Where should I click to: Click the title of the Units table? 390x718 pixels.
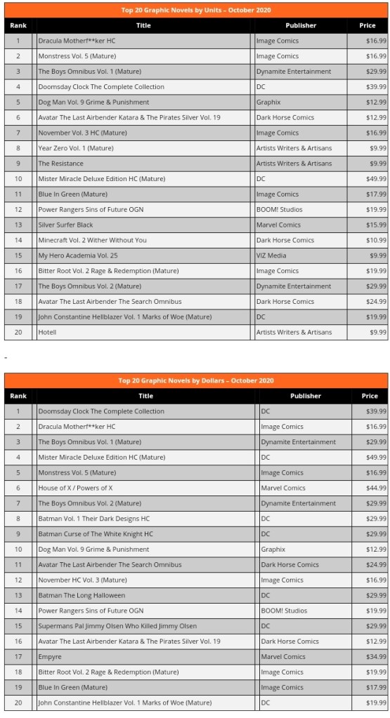(x=195, y=11)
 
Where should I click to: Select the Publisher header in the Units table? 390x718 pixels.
(x=301, y=25)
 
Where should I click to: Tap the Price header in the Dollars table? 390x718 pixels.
(x=370, y=396)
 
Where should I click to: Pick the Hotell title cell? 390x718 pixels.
(x=47, y=332)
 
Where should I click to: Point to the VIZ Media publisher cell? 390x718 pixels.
(x=271, y=255)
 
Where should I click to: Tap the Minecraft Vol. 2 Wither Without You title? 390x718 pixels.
(x=92, y=240)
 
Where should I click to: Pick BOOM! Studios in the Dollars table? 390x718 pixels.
(x=281, y=611)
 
